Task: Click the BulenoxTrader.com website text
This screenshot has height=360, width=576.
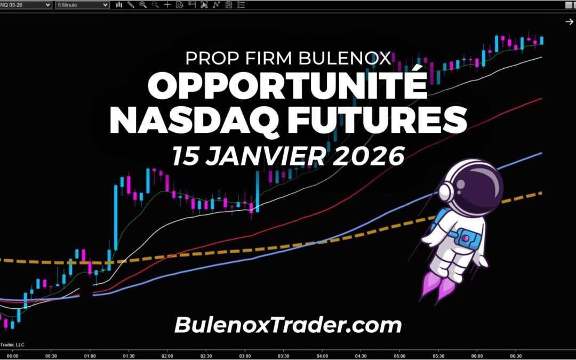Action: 287,324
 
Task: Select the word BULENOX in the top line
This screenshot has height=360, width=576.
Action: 352,58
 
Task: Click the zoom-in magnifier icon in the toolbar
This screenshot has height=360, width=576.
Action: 143,5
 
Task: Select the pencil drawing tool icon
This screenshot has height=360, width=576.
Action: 131,5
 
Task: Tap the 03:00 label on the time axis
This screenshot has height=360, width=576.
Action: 245,356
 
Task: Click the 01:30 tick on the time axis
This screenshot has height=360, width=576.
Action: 129,356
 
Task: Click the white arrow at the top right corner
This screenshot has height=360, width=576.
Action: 569,21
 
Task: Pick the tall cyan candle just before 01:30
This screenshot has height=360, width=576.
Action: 115,213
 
